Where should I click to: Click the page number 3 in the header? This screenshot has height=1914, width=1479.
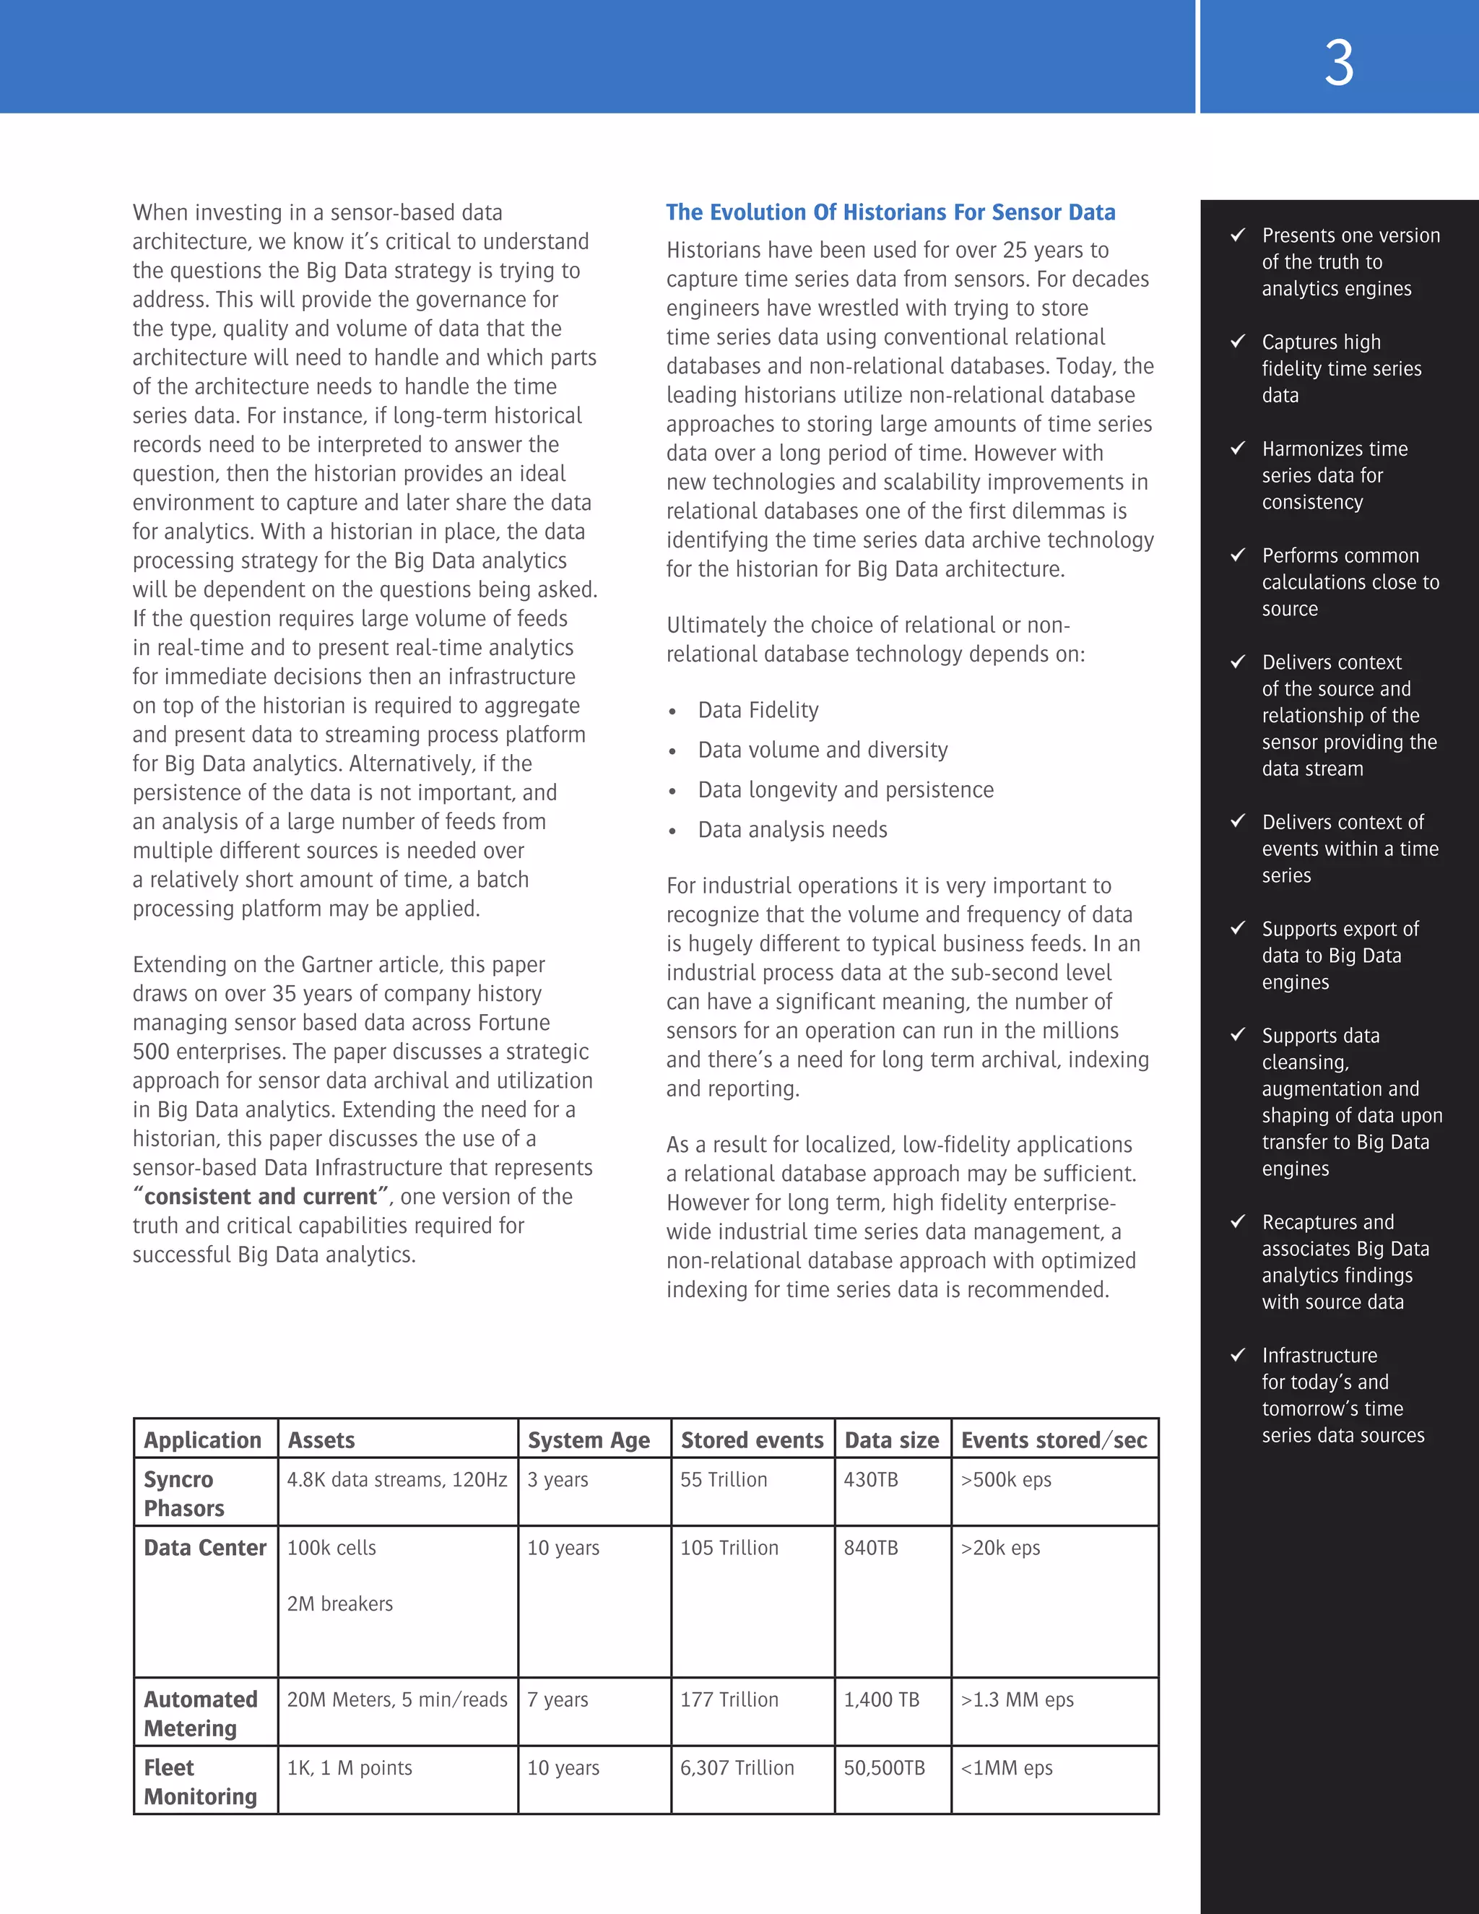[1338, 63]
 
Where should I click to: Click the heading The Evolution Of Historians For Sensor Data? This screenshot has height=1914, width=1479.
[890, 212]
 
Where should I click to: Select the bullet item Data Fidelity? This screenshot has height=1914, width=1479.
[758, 710]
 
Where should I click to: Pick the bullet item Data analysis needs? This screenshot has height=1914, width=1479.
[792, 829]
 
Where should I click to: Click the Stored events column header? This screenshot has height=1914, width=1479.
[752, 1440]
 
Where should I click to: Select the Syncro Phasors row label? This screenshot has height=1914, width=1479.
[184, 1494]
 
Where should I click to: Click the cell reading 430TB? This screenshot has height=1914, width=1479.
[870, 1479]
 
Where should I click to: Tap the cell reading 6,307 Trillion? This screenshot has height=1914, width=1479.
[737, 1767]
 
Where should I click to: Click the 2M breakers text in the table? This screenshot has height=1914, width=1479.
[340, 1603]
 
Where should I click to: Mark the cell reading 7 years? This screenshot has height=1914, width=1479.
[558, 1699]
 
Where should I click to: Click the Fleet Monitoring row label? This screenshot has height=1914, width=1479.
[200, 1782]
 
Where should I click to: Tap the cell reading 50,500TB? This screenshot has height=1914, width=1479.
[884, 1767]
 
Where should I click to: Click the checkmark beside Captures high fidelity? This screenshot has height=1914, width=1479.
[1238, 341]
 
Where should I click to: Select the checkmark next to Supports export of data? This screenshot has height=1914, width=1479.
[1238, 927]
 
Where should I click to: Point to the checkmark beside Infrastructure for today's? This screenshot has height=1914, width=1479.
[1238, 1354]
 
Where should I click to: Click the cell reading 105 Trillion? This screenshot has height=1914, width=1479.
[729, 1548]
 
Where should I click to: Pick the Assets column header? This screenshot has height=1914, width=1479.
[321, 1440]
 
